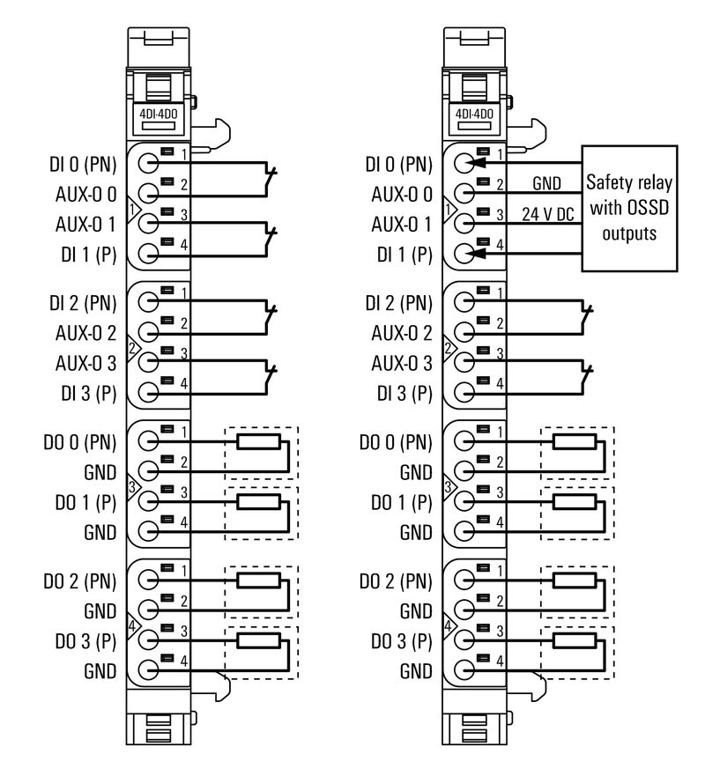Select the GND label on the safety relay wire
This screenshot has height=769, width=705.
coord(546,183)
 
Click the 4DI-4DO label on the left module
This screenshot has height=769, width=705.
coord(157,114)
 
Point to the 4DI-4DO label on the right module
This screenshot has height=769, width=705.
coord(473,114)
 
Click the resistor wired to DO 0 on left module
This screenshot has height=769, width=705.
coord(258,441)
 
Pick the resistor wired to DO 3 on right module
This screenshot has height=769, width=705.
coord(575,640)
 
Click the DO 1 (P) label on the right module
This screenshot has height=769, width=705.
coord(398,501)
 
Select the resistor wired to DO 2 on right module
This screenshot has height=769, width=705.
coord(575,580)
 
